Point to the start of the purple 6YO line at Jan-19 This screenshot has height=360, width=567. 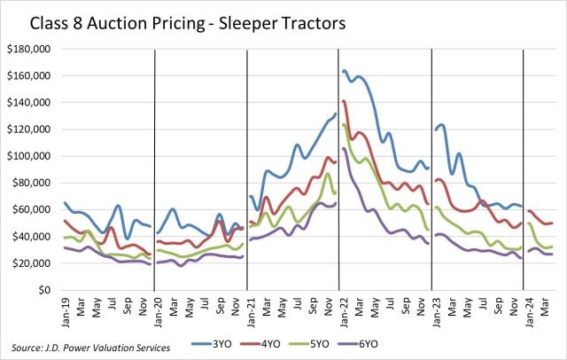point(64,247)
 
